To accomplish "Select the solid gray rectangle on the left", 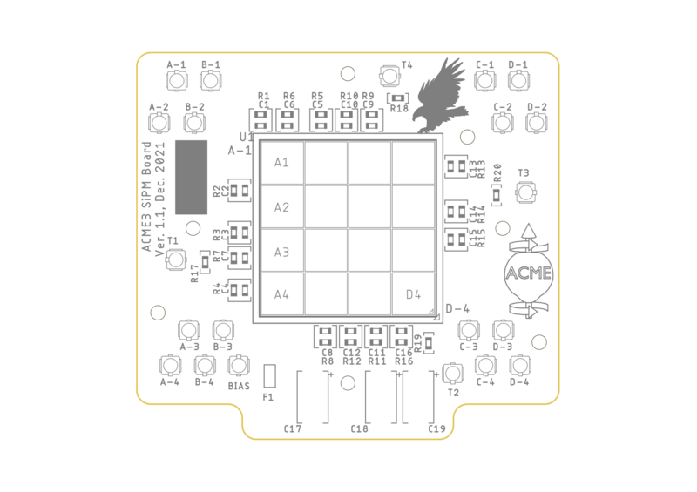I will (x=192, y=177).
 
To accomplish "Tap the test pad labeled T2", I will (x=452, y=374).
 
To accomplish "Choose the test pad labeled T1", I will (x=176, y=259).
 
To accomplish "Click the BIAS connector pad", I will (x=238, y=366).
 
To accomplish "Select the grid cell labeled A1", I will (x=281, y=163).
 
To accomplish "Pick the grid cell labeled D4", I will (x=414, y=294).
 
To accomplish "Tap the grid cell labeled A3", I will (x=281, y=252).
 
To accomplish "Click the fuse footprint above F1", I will (x=269, y=376).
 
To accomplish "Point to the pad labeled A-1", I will (x=177, y=81).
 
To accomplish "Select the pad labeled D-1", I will (x=518, y=81).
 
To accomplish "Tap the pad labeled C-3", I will (x=469, y=330).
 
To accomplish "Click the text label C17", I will (x=293, y=429).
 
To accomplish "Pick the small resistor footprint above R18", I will (x=399, y=98).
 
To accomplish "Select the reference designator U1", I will (x=247, y=138).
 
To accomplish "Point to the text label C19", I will (x=436, y=429).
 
